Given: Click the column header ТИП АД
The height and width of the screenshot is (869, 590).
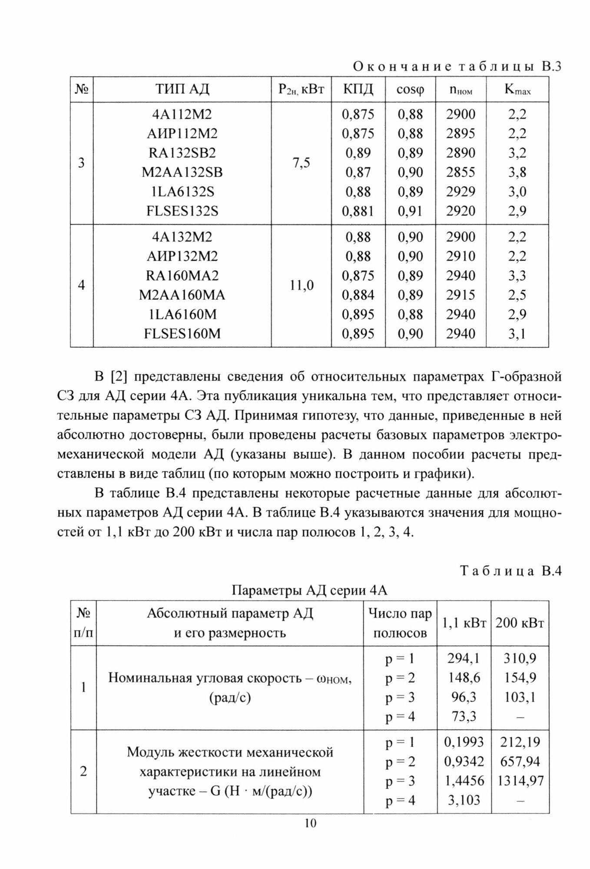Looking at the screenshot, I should click(182, 90).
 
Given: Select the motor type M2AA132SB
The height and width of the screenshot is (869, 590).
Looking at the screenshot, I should click(182, 172).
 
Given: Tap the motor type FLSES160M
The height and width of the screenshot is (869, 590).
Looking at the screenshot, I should click(182, 334).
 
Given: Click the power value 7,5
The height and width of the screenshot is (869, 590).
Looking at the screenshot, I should click(301, 163).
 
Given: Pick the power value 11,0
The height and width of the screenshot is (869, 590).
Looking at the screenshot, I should click(301, 285).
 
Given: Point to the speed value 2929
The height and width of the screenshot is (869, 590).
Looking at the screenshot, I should click(461, 192).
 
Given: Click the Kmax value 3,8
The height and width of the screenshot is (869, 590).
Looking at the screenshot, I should click(517, 172).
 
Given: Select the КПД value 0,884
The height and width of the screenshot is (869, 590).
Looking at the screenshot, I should click(358, 295).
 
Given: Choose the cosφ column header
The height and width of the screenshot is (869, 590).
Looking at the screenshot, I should click(410, 90).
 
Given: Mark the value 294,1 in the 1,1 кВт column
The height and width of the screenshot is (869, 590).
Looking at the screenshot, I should click(464, 658).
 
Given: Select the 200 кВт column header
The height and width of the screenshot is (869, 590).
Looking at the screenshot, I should click(520, 623).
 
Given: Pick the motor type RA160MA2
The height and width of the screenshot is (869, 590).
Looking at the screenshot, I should click(182, 276).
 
